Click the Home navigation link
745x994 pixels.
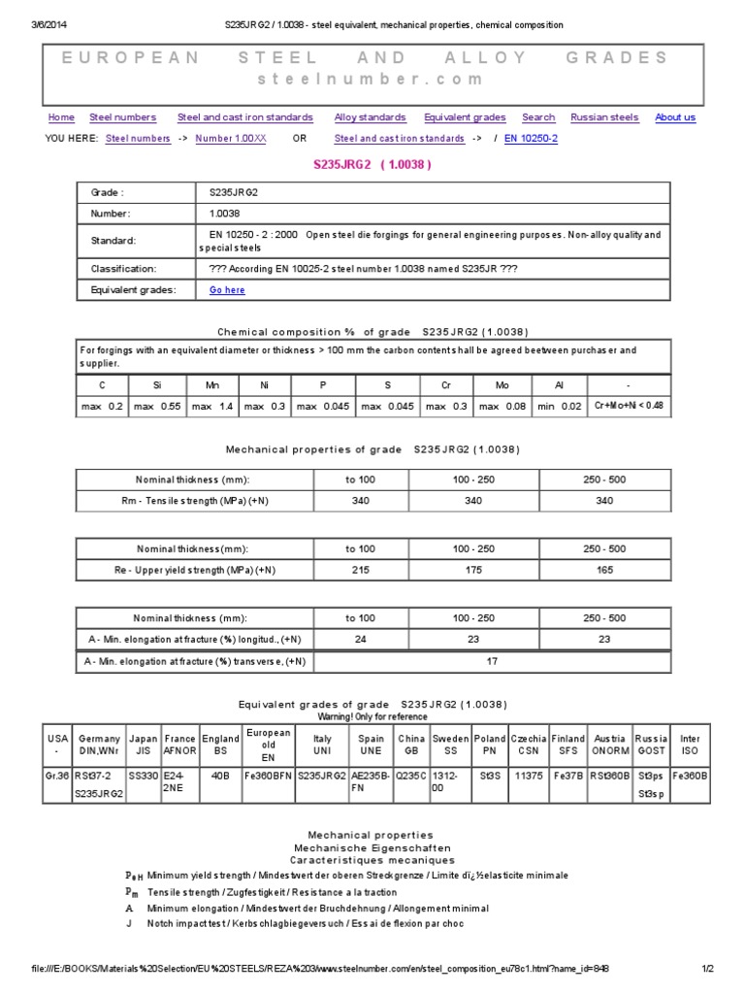[x=61, y=117]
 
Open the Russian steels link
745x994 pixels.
[x=604, y=117]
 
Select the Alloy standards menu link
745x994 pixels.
[x=370, y=117]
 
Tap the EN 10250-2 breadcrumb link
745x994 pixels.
[x=531, y=139]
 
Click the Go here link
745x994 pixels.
[x=227, y=289]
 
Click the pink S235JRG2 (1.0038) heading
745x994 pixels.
[x=372, y=165]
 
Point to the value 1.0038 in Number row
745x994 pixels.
[x=224, y=214]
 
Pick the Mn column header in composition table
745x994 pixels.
[x=213, y=385]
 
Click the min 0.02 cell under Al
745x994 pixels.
[x=559, y=406]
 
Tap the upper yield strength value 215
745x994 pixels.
[x=360, y=570]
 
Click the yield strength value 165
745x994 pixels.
[x=604, y=570]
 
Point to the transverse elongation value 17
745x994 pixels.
[x=492, y=661]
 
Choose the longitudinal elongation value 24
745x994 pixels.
[x=360, y=640]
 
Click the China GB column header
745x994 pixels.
[x=410, y=745]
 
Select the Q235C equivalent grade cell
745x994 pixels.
[x=410, y=776]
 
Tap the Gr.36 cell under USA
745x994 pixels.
[x=57, y=776]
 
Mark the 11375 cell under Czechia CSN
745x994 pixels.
[x=528, y=776]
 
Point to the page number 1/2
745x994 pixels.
[x=707, y=968]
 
